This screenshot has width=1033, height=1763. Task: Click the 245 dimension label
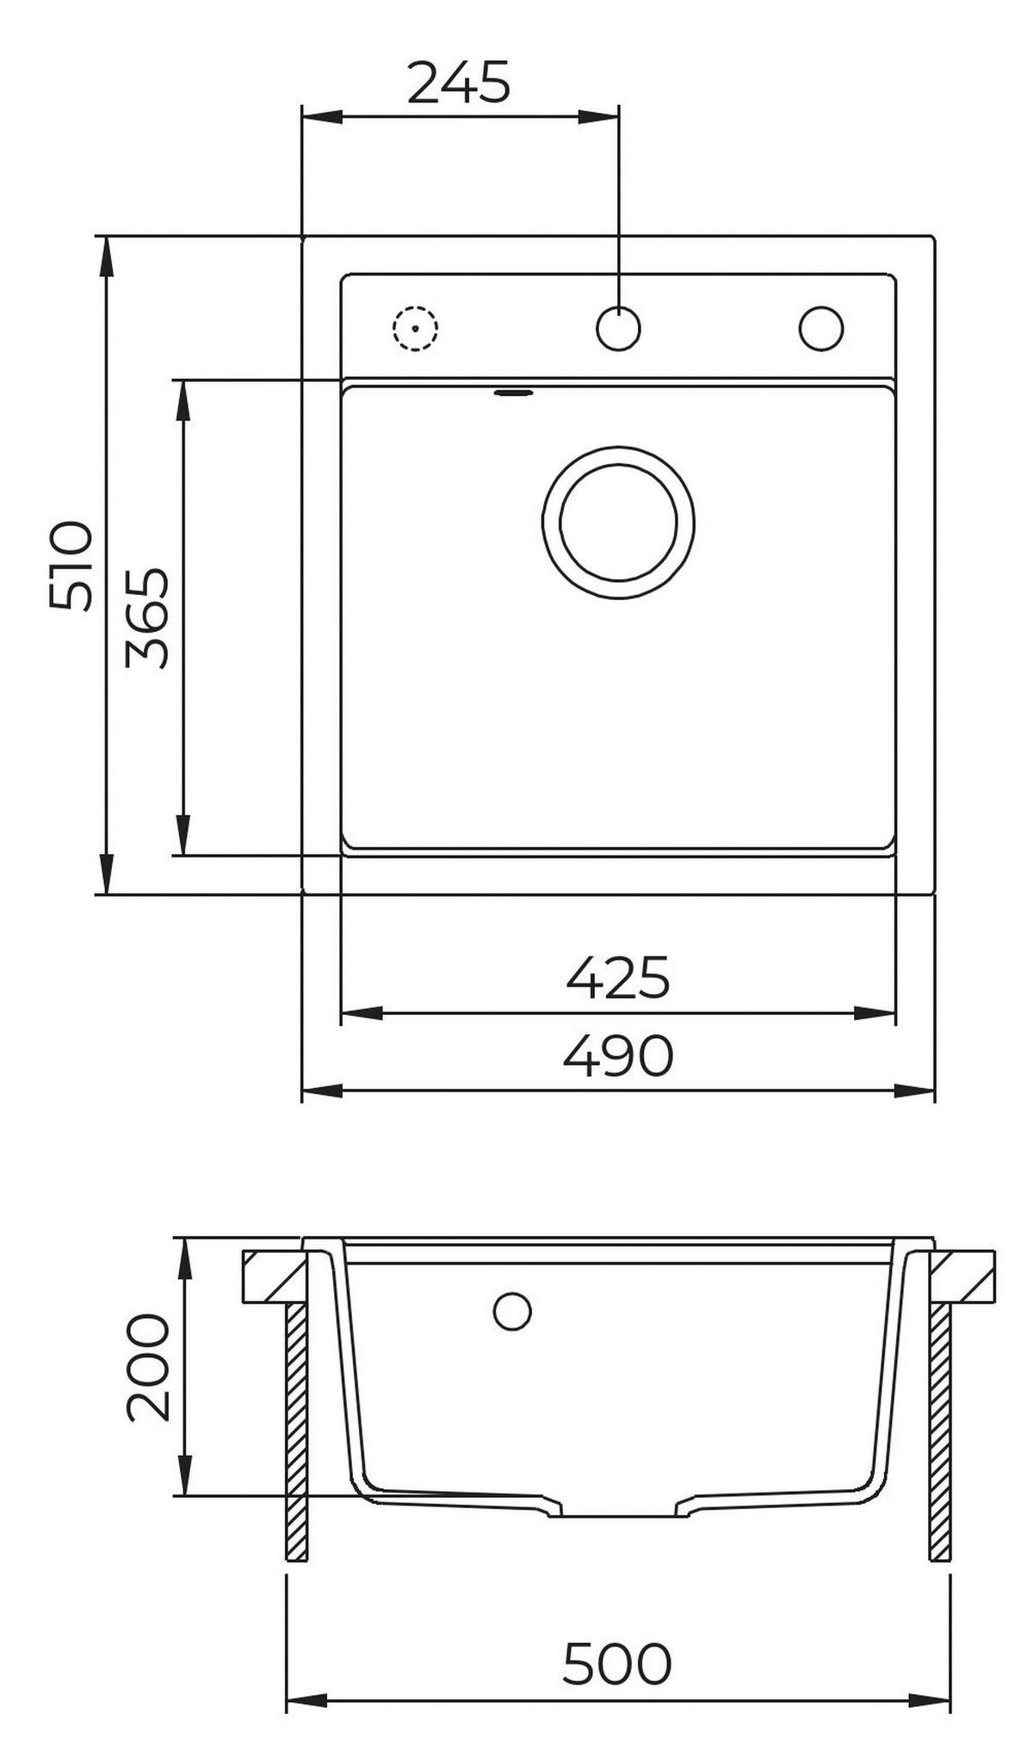459,83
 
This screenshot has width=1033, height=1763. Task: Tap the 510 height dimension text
71,566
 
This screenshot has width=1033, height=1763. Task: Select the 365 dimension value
147,617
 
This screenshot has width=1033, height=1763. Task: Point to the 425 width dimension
618,977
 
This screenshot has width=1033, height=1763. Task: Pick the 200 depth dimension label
148,1367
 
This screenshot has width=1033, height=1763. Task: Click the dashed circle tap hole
415,328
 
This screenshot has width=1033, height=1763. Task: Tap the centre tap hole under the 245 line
618,328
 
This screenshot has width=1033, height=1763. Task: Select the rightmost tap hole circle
820,328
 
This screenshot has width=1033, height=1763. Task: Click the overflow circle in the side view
512,1312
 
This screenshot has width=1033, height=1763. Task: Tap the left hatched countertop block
274,1276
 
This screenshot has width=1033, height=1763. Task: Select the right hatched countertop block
962,1276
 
